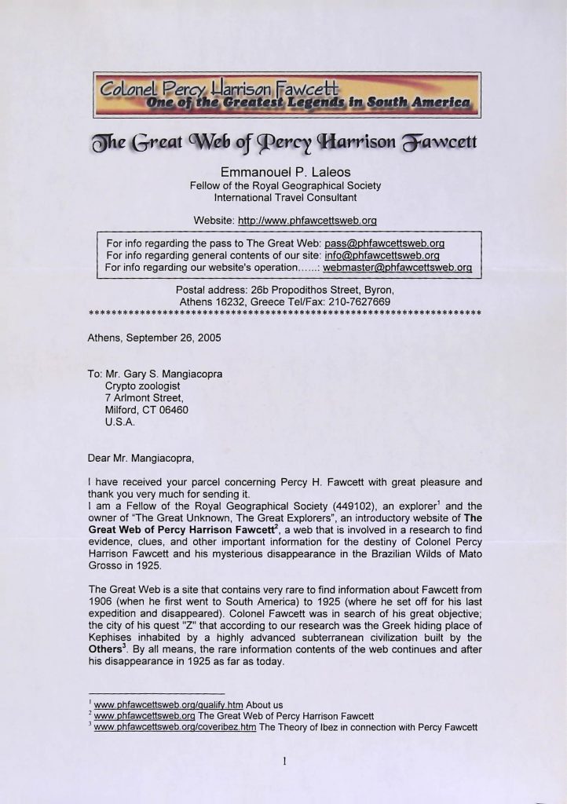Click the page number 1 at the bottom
284,760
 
